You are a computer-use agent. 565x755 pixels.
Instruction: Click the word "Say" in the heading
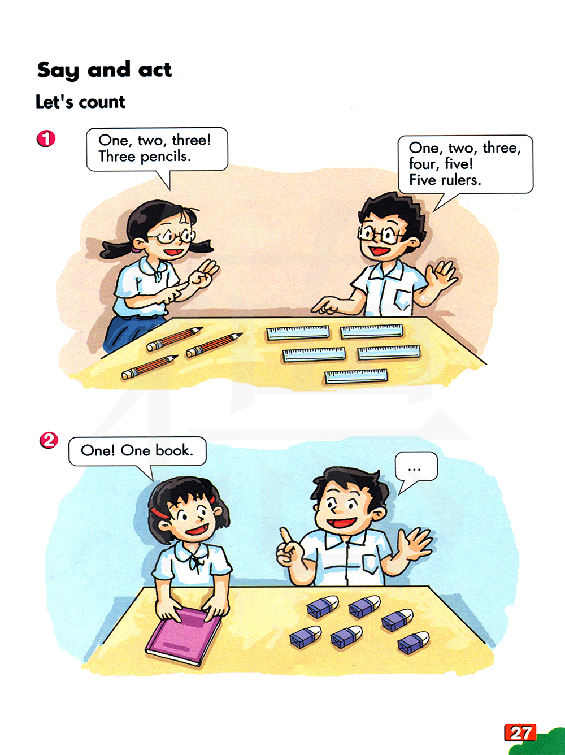click(x=58, y=71)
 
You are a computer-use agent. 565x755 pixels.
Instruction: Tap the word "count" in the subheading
click(x=102, y=102)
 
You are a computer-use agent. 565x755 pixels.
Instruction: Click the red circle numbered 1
click(x=46, y=138)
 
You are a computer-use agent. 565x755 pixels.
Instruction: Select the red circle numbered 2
click(x=49, y=440)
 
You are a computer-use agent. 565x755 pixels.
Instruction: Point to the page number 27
click(x=520, y=733)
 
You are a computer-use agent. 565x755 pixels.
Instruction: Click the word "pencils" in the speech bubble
click(x=166, y=157)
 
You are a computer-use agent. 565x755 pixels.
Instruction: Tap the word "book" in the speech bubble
click(x=175, y=450)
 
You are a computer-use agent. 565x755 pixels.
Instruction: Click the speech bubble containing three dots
click(x=416, y=468)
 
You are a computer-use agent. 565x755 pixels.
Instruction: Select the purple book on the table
click(x=183, y=636)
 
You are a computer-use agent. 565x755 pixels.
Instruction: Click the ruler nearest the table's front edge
click(x=357, y=376)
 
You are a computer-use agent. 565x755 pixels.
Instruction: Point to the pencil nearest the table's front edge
click(x=149, y=367)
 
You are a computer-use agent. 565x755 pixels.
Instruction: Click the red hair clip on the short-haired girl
click(x=159, y=513)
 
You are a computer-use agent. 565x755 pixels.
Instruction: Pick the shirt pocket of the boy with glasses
click(x=403, y=298)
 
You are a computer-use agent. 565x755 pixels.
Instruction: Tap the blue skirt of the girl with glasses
click(x=130, y=332)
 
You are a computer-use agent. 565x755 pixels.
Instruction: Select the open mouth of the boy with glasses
click(x=379, y=250)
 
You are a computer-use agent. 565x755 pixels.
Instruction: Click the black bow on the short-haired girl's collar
click(x=197, y=563)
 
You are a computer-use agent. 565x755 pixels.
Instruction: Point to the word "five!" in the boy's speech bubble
click(x=459, y=164)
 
